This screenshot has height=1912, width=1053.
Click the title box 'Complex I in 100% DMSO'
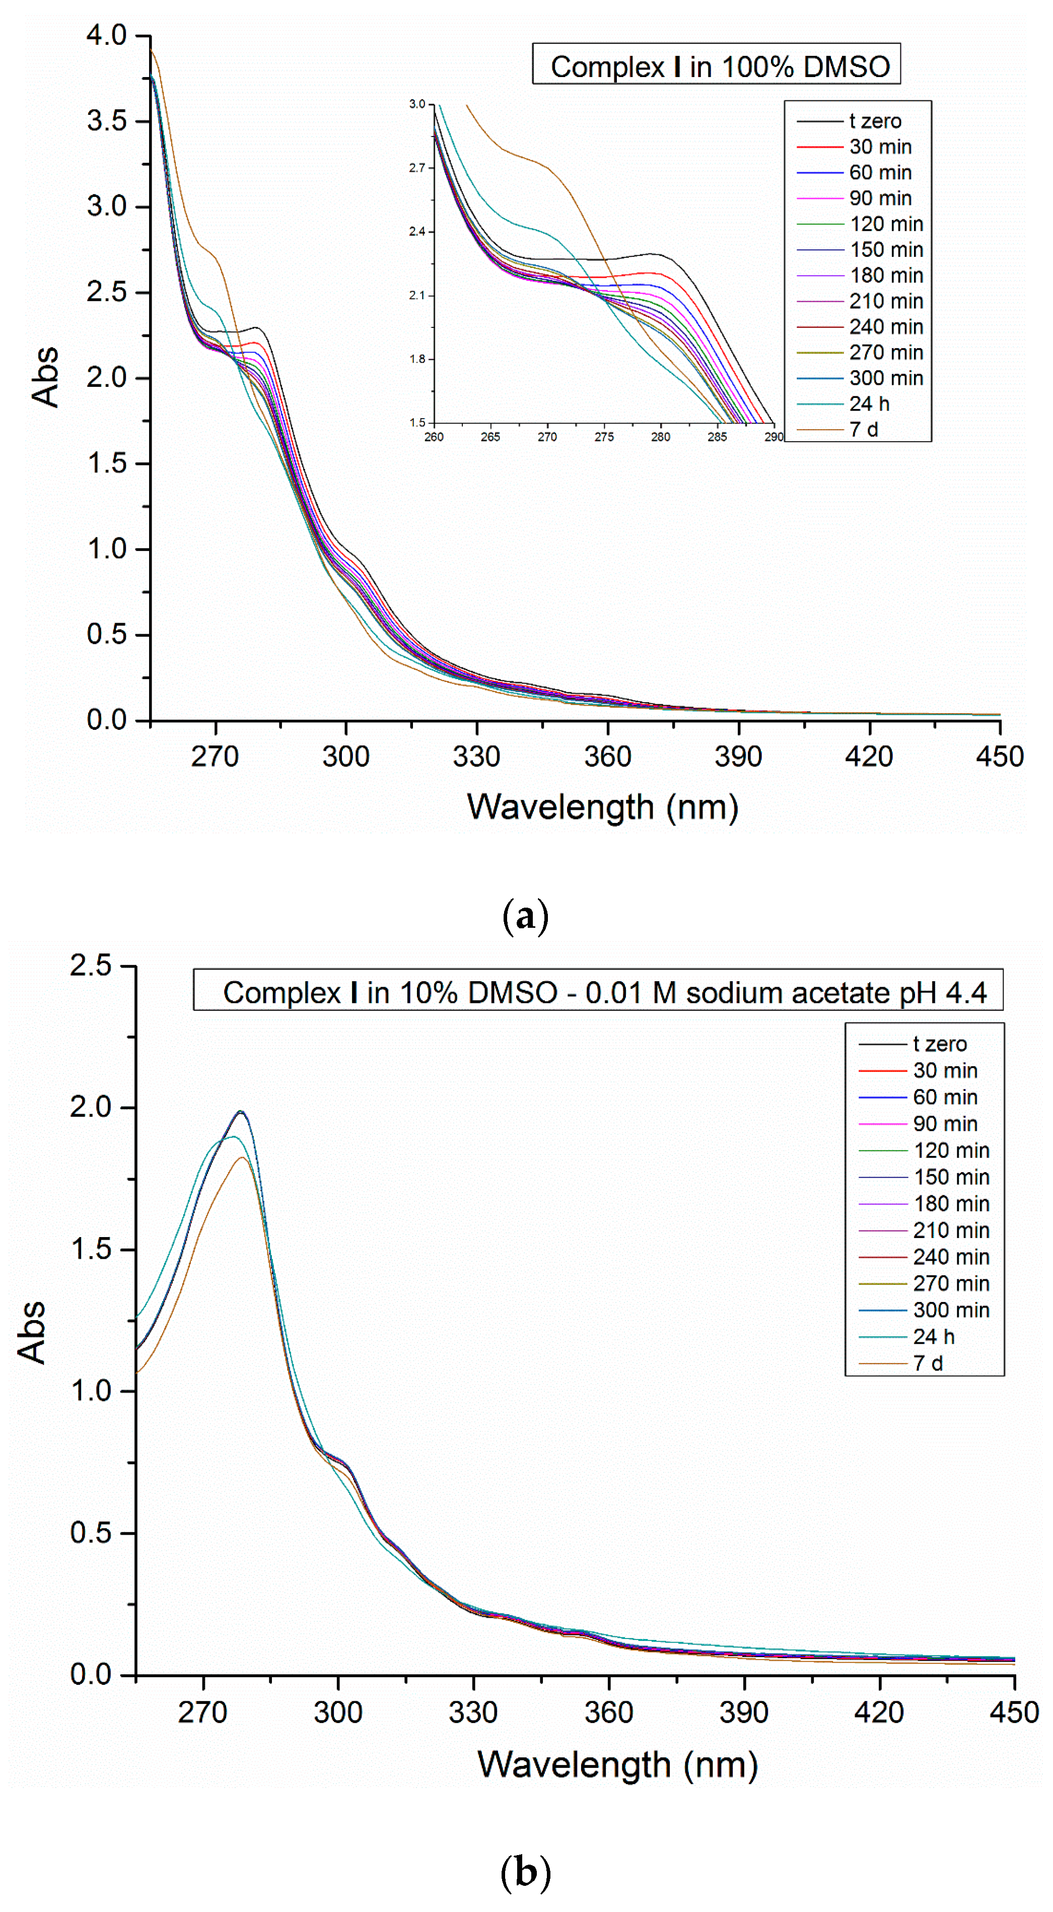[x=716, y=66]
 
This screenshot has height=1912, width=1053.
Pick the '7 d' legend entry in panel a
[x=863, y=429]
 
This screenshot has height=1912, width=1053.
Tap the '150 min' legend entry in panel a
[x=886, y=249]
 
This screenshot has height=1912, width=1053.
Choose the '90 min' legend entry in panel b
[x=945, y=1123]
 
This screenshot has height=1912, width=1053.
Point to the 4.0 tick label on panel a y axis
[x=106, y=35]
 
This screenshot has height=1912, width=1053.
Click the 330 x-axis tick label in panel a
[x=476, y=757]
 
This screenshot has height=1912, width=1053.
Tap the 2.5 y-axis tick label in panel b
[x=91, y=965]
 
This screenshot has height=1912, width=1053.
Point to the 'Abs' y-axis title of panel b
[x=31, y=1332]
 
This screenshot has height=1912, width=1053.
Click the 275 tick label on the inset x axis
[x=603, y=437]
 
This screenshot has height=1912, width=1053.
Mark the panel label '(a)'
[x=525, y=916]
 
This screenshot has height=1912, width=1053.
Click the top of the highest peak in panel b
[x=240, y=1111]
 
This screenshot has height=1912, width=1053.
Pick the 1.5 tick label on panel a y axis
[x=106, y=463]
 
